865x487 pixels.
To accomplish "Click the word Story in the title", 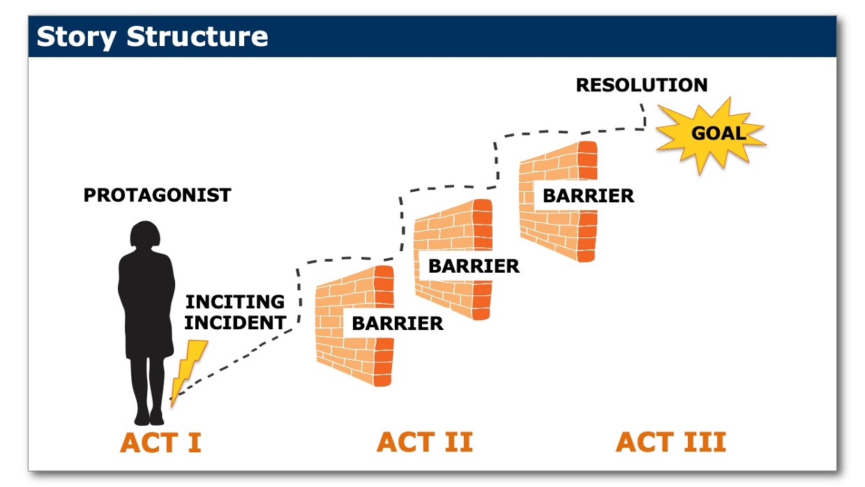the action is [x=77, y=38].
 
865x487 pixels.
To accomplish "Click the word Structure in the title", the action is [x=197, y=36].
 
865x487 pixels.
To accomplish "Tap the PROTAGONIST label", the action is [x=158, y=195].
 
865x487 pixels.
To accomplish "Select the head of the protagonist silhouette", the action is [x=145, y=234].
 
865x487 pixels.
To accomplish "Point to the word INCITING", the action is [x=235, y=302].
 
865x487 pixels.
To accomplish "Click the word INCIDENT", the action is [x=235, y=323].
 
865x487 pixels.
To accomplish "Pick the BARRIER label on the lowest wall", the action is [x=398, y=324].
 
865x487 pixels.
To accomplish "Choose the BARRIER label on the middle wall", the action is [x=474, y=266].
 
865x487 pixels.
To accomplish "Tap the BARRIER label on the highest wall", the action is [x=589, y=196].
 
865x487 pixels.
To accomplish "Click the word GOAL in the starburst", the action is [x=719, y=133].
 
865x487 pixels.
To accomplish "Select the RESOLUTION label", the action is [x=642, y=85].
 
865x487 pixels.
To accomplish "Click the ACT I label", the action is [x=160, y=442].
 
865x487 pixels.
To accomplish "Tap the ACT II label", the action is [x=425, y=442].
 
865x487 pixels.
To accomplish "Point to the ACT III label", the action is [x=671, y=442].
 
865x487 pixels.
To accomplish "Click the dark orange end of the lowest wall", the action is [x=384, y=325].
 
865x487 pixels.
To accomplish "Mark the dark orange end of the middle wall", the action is [x=482, y=259].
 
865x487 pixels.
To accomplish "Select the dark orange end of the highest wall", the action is [x=587, y=201].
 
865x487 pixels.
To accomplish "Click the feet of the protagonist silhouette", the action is [x=149, y=418].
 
